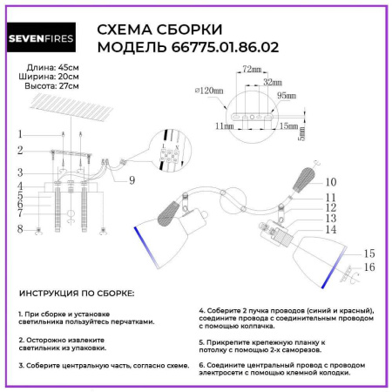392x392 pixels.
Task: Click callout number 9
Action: pos(131,181)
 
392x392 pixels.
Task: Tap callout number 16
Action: pos(369,267)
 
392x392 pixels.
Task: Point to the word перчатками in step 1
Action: pos(155,321)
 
